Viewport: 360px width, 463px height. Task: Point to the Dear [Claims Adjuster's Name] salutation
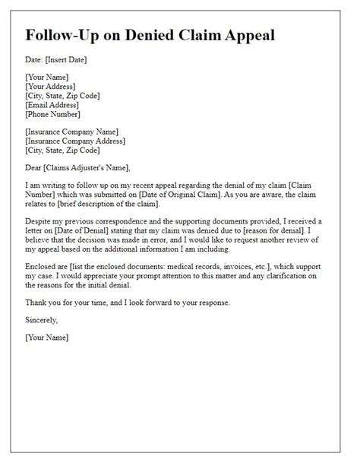point(77,167)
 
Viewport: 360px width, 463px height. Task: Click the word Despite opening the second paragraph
point(39,220)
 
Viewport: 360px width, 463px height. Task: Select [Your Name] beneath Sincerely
point(46,337)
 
